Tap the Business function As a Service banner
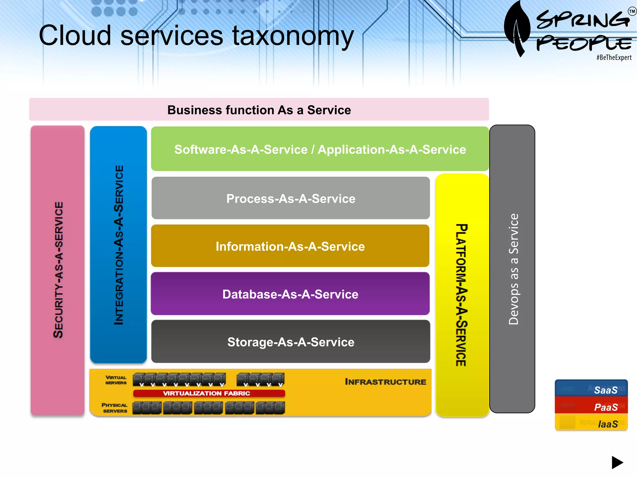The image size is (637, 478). click(259, 110)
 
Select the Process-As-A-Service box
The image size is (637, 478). click(291, 199)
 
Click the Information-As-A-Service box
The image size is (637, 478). click(290, 246)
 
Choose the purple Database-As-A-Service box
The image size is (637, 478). click(290, 294)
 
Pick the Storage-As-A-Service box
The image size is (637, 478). click(291, 342)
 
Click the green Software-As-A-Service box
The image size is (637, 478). click(320, 149)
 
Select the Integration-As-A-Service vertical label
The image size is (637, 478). click(119, 245)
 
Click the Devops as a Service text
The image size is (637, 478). click(513, 269)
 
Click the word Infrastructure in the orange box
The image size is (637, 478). click(385, 382)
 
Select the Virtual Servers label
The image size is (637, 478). click(116, 380)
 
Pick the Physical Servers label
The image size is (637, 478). click(114, 408)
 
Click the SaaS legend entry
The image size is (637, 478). click(605, 390)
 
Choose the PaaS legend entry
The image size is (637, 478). click(605, 407)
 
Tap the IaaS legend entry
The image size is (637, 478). click(607, 424)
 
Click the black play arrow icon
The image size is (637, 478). click(617, 462)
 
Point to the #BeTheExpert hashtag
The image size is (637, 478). click(614, 58)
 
